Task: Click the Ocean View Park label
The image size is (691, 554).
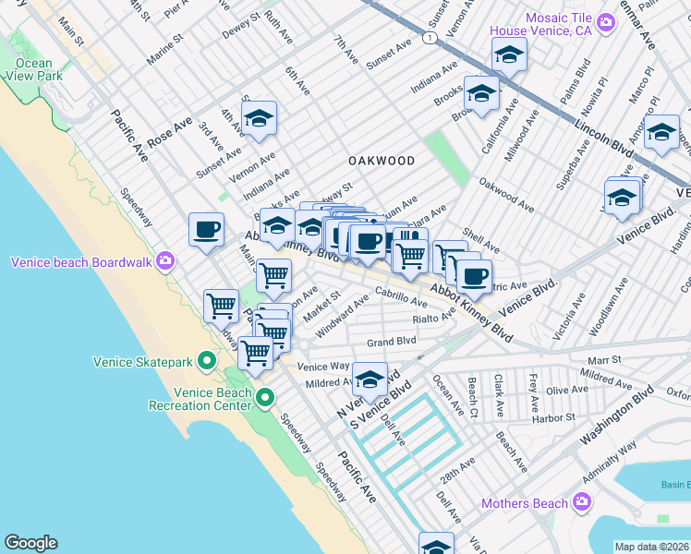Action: tap(33, 69)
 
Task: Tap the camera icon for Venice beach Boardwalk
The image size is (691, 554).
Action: tap(165, 261)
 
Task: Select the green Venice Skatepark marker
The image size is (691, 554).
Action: tap(208, 361)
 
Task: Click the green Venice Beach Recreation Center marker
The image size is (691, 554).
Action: tap(265, 399)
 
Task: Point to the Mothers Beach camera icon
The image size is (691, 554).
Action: tap(581, 503)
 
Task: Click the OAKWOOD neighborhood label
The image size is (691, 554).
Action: tap(381, 161)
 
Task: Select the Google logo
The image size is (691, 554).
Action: tap(30, 543)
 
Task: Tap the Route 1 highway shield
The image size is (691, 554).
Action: tap(430, 37)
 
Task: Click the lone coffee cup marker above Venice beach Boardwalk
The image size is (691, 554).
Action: tap(206, 229)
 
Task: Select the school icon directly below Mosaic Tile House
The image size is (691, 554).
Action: tap(508, 55)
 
